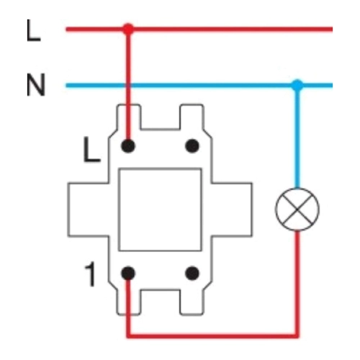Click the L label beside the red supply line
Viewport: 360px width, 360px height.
tap(33, 31)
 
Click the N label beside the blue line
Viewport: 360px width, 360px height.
tap(36, 85)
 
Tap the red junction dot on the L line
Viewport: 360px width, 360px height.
tap(128, 30)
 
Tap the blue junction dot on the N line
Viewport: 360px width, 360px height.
tap(297, 85)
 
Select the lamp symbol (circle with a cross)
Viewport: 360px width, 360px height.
tap(297, 210)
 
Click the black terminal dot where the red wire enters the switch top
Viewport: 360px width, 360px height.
tap(128, 146)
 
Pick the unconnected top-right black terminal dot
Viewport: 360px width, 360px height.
tap(192, 146)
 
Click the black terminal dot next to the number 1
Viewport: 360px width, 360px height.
tap(128, 273)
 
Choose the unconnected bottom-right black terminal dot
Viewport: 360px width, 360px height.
tap(192, 273)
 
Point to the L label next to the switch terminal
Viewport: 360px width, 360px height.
tap(91, 150)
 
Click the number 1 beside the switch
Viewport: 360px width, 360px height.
tap(91, 274)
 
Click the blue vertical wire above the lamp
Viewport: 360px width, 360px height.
tap(297, 137)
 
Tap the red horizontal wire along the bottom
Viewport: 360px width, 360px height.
tap(212, 336)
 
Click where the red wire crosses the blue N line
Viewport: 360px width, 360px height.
tap(128, 85)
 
